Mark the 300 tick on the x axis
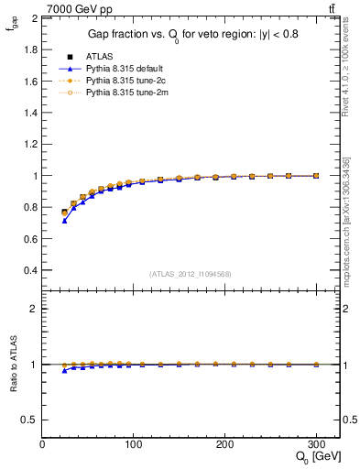pos(316,443)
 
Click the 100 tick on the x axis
pos(134,443)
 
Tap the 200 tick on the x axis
pos(224,443)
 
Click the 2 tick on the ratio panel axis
pos(34,309)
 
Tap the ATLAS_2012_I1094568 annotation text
pos(189,273)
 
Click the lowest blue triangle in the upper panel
pos(64,221)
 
